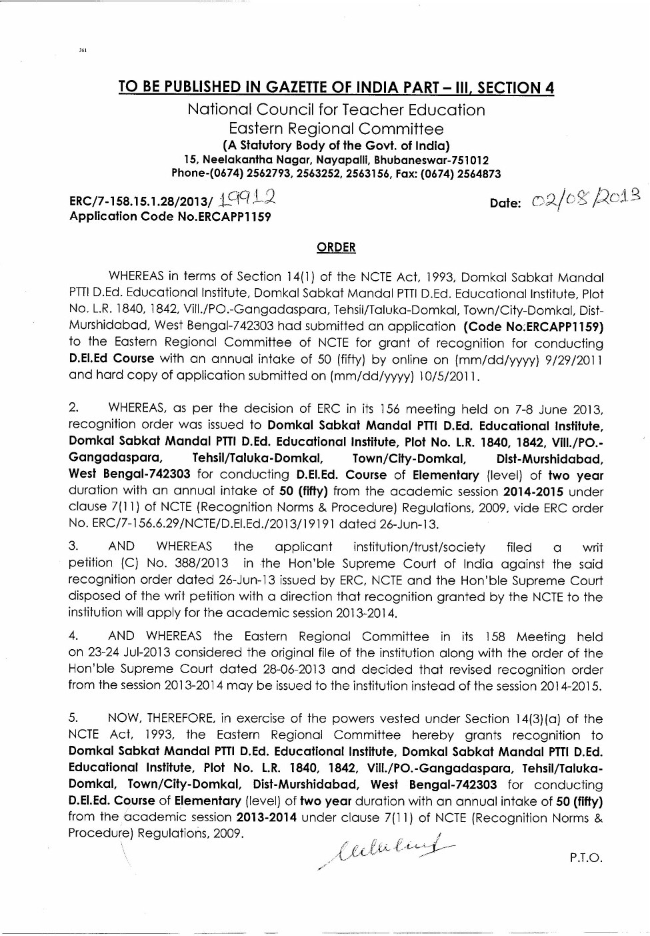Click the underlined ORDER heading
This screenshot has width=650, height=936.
pos(336,248)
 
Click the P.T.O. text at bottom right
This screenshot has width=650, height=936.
pos(586,857)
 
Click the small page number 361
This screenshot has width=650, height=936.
pos(83,50)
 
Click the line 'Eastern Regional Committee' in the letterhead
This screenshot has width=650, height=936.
pos(335,128)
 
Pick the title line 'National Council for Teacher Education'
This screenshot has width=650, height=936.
pos(336,109)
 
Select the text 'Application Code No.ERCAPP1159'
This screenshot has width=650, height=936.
pos(170,216)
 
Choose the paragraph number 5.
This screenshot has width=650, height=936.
pos(73,719)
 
